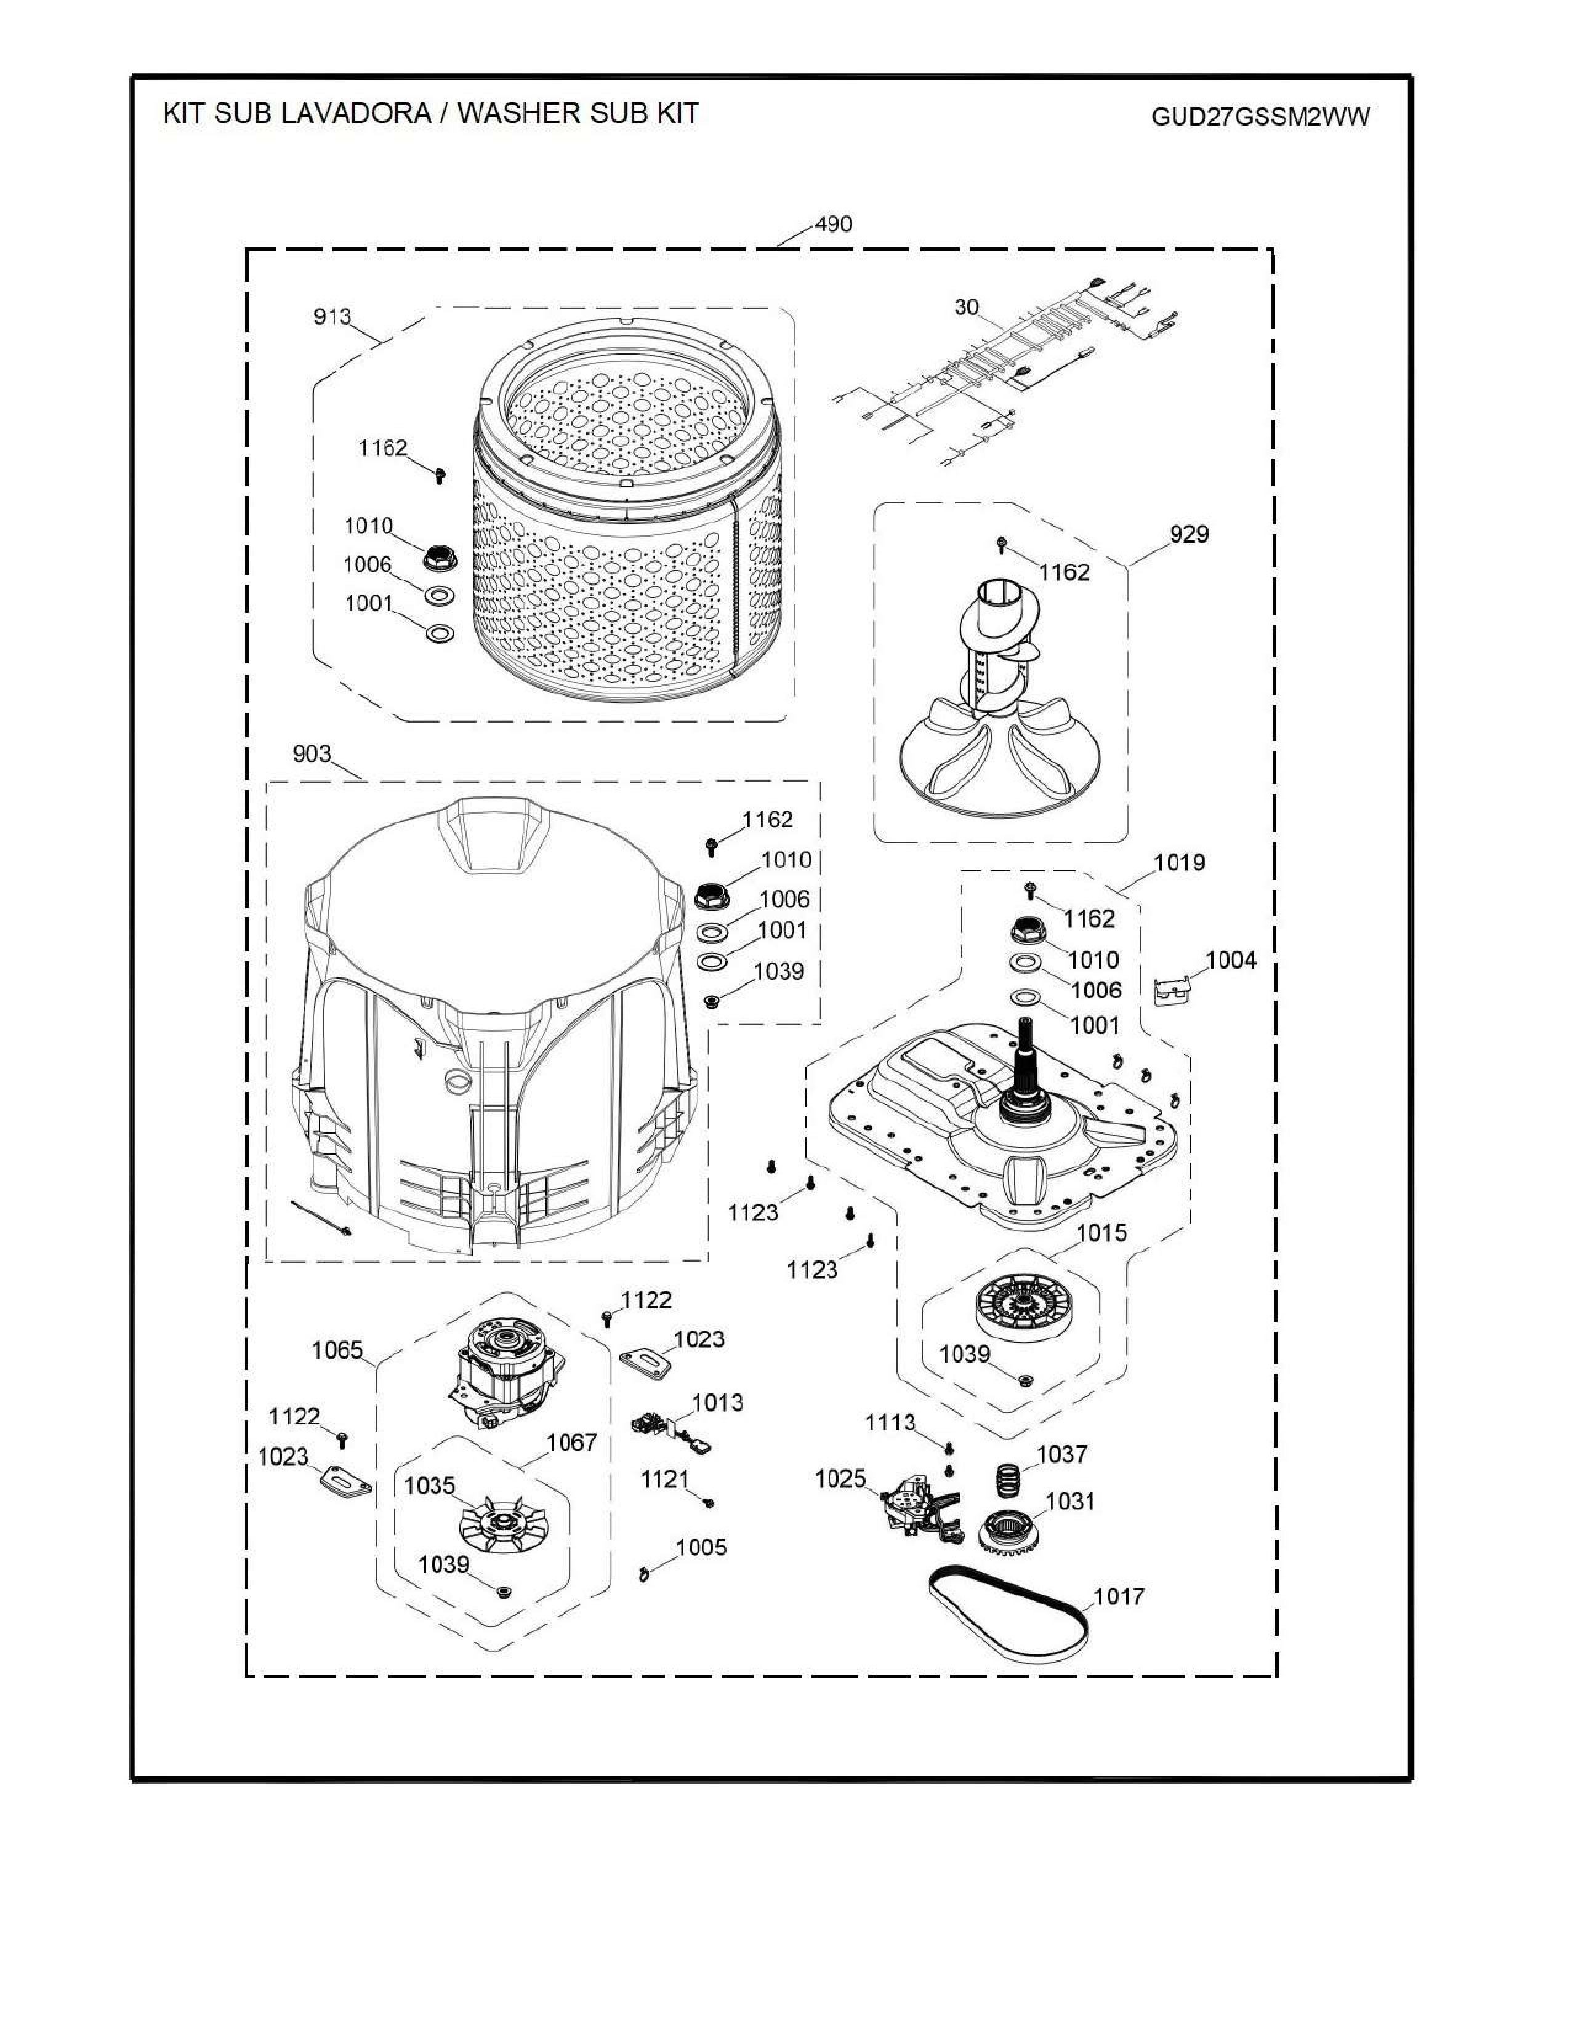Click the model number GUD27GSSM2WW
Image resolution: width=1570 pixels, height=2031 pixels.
[x=1260, y=117]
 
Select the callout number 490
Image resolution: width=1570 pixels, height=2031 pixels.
[x=834, y=224]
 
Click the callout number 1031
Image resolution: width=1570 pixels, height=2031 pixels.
[x=1071, y=1501]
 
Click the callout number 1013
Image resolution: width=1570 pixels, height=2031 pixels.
[x=717, y=1403]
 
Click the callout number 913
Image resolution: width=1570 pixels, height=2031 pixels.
[x=332, y=317]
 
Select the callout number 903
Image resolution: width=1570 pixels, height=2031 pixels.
[x=312, y=753]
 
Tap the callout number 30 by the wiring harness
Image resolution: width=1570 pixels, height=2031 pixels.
[x=967, y=307]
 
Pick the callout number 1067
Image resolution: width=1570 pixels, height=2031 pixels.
[x=571, y=1443]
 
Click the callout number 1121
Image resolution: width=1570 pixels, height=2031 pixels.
[x=664, y=1478]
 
